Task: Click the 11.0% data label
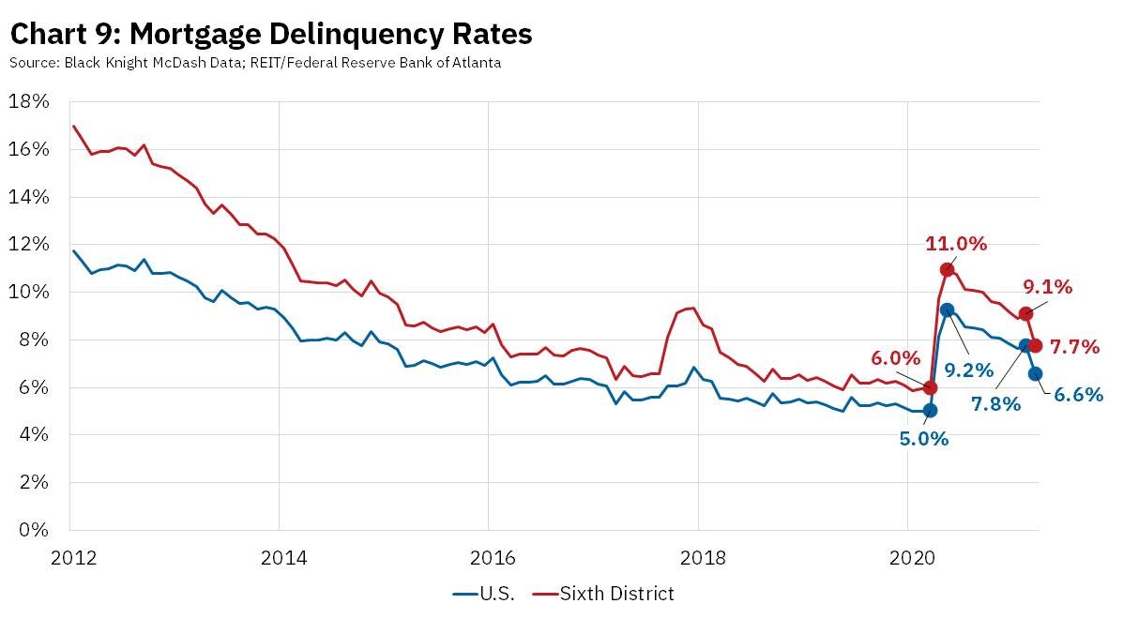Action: (x=956, y=244)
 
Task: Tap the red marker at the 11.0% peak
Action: (x=948, y=270)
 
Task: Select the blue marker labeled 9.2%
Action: (x=947, y=309)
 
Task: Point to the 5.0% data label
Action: (x=925, y=438)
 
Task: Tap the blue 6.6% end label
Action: (x=1077, y=395)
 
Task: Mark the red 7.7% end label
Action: (x=1074, y=347)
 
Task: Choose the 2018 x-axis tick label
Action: (x=699, y=555)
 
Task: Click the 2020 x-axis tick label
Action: (x=908, y=555)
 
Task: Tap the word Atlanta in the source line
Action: (x=473, y=63)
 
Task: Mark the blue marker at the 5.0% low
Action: (x=930, y=410)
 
